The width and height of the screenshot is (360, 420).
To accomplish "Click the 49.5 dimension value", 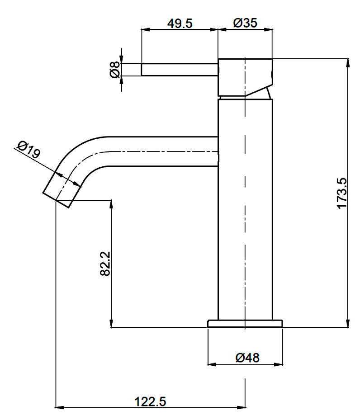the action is point(180,24).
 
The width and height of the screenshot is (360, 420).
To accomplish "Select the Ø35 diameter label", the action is point(245,23).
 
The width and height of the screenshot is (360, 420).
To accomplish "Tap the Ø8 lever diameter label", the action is point(115,69).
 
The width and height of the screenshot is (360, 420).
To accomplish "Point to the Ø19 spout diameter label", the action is point(28,149).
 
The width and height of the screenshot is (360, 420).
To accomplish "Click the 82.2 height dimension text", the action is point(105,264).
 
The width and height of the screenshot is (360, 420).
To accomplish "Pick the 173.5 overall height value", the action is point(342,193).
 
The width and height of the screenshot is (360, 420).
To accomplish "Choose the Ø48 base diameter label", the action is point(247,358).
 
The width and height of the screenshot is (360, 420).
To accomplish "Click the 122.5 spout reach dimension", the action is point(150,402).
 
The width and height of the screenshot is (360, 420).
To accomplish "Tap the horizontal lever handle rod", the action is point(180,70).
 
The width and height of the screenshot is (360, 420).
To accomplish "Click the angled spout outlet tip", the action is point(62,190).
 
